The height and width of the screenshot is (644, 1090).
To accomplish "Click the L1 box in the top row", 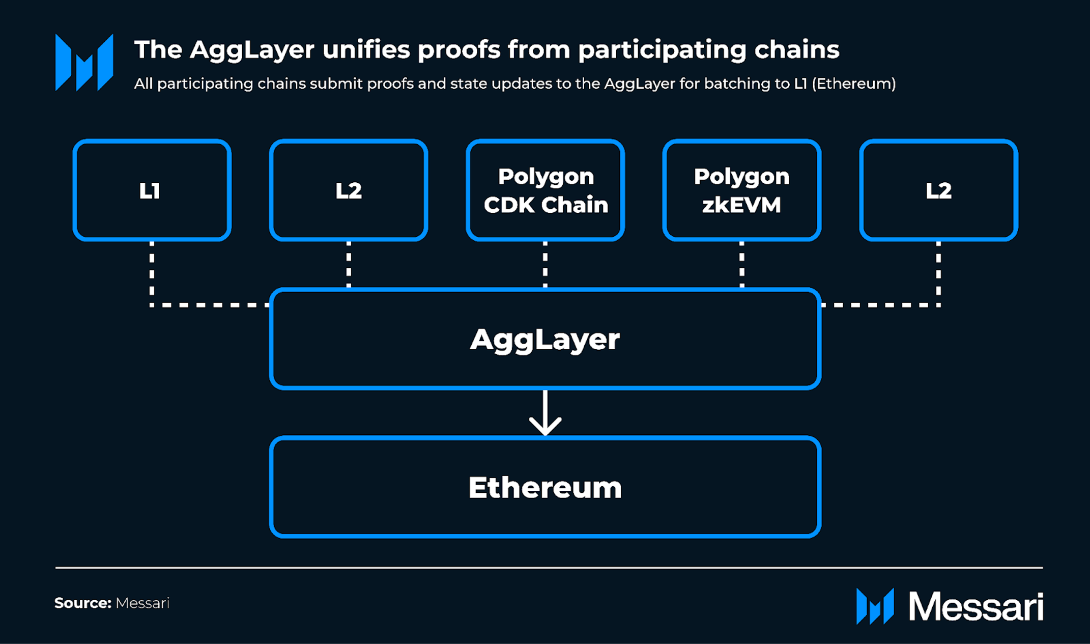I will pyautogui.click(x=152, y=190).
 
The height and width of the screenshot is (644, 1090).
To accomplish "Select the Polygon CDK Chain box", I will pyautogui.click(x=545, y=190).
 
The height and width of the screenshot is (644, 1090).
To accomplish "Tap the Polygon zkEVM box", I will pyautogui.click(x=741, y=190).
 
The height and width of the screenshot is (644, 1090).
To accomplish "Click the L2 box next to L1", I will pyautogui.click(x=349, y=190).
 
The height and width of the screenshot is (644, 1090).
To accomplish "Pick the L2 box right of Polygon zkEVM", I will pyautogui.click(x=938, y=190).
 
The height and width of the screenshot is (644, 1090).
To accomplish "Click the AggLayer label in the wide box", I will pyautogui.click(x=545, y=339).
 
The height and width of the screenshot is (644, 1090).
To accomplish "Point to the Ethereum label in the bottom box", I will pyautogui.click(x=545, y=487).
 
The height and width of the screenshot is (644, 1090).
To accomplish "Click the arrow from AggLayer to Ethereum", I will pyautogui.click(x=545, y=413).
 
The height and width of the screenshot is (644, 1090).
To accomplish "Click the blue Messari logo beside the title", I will pyautogui.click(x=84, y=63).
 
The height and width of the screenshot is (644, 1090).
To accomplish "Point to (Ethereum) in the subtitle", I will pyautogui.click(x=853, y=83).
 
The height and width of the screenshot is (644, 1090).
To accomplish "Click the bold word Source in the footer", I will pyautogui.click(x=82, y=603).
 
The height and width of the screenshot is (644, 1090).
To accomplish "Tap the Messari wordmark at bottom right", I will pyautogui.click(x=976, y=606).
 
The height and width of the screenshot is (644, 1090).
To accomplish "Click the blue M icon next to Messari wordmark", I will pyautogui.click(x=875, y=606).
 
